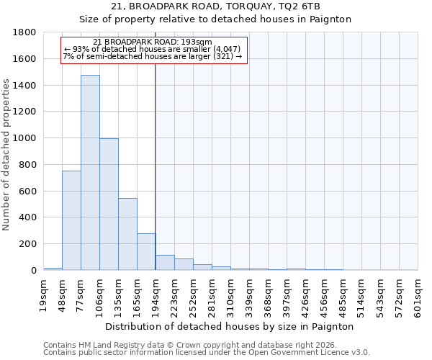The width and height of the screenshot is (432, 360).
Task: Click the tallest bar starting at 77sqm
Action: point(90,173)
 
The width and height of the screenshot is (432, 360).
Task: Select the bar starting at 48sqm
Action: point(71,220)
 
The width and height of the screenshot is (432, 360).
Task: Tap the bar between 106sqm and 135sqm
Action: point(109,204)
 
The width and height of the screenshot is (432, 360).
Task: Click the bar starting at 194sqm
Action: point(165,263)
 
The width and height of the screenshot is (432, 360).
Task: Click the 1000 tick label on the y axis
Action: point(26,138)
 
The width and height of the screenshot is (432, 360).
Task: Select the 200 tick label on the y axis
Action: point(29,244)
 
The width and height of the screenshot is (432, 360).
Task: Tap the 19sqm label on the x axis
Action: point(44,295)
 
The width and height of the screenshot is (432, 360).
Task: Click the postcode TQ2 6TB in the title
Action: point(301,6)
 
